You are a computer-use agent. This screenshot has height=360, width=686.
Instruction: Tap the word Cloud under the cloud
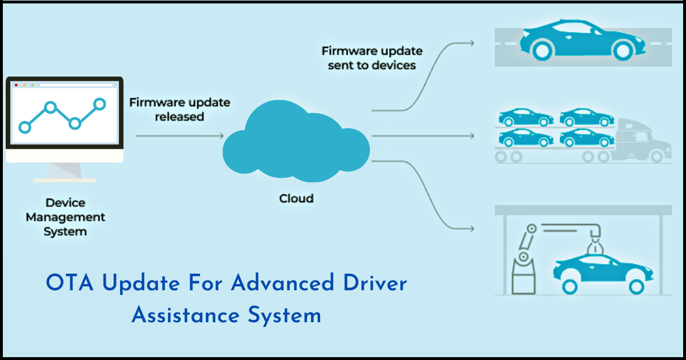[296, 199]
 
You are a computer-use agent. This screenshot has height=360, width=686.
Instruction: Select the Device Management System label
[65, 217]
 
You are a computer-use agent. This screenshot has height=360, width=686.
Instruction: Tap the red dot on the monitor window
[16, 85]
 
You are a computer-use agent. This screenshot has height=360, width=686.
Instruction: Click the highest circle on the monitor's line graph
[99, 103]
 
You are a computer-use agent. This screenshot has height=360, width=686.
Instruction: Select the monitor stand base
[64, 180]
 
